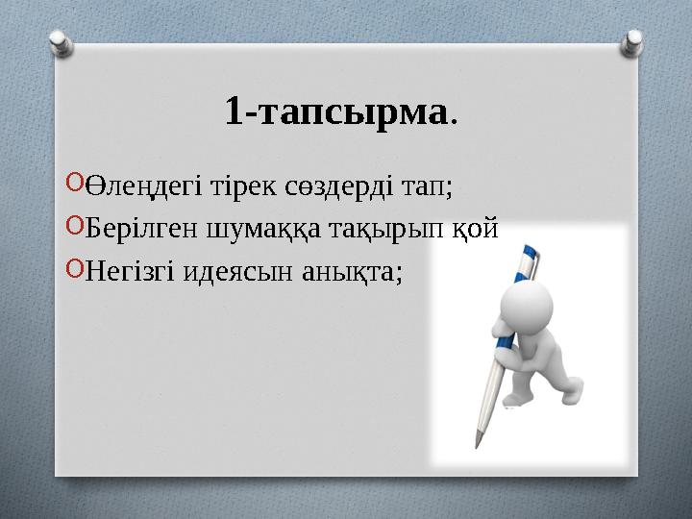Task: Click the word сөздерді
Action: (293, 185)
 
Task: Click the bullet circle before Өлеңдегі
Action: (76, 184)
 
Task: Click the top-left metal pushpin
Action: (60, 43)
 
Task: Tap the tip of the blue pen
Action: (478, 446)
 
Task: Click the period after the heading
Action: (454, 121)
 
